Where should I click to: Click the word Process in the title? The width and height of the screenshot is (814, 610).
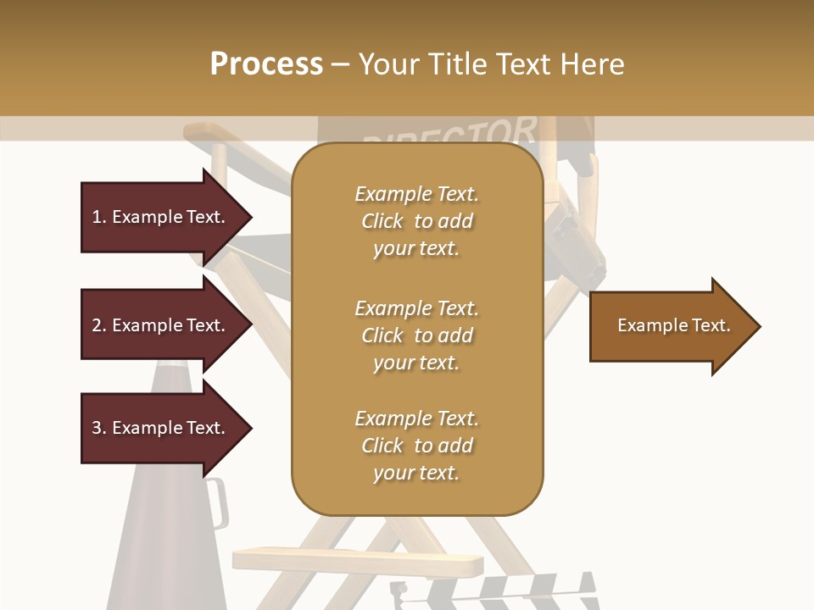266,64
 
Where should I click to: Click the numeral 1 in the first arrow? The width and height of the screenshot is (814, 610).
97,217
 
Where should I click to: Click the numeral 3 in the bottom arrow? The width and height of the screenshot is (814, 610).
97,428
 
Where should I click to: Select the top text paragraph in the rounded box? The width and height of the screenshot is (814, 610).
416,221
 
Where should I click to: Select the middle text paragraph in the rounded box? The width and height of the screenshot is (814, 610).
416,335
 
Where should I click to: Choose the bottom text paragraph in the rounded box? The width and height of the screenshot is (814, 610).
416,446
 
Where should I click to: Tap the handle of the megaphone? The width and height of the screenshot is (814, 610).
217,503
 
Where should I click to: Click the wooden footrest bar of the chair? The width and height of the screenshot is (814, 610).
356,560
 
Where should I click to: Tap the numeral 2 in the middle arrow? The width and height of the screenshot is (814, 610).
97,325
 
